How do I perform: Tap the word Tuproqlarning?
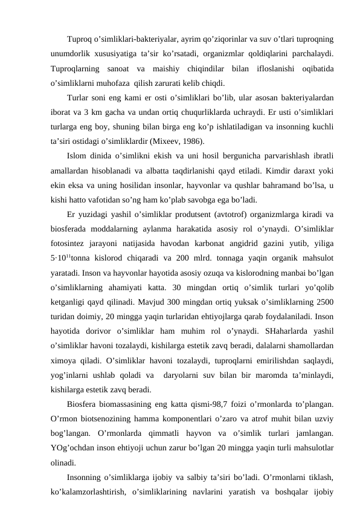[x=76, y=68]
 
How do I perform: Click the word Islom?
[x=77, y=157]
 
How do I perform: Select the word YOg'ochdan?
[x=74, y=449]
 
